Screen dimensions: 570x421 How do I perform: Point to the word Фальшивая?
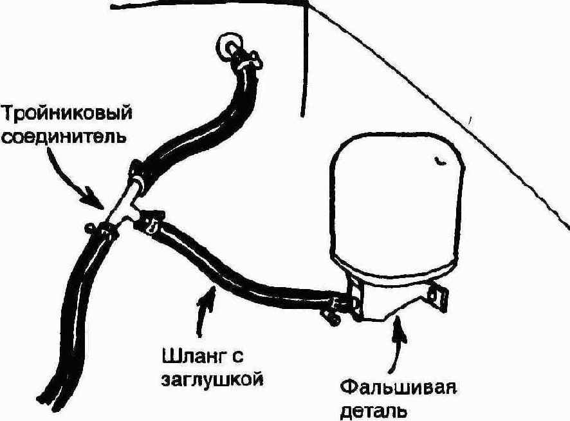398,388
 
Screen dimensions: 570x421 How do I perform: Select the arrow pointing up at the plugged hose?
205,310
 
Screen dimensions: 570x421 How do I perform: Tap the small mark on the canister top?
440,161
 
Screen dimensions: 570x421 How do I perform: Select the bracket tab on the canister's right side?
438,297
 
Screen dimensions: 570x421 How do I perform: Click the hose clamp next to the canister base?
336,308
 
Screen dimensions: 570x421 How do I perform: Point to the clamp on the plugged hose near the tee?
150,222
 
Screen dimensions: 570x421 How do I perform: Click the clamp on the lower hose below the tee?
102,232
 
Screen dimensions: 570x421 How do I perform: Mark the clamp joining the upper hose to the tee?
138,174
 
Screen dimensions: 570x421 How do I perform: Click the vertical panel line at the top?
305,60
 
